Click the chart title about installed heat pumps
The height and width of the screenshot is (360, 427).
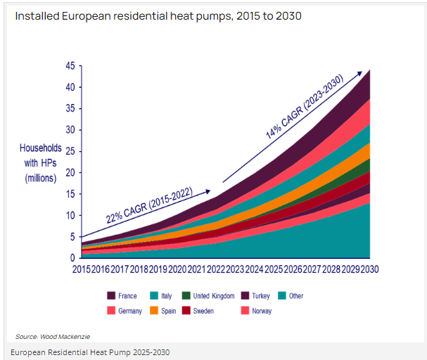(158, 15)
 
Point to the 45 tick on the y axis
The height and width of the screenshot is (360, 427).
(70, 66)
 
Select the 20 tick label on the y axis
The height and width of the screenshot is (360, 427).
(70, 173)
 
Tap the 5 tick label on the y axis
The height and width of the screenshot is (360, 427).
(72, 237)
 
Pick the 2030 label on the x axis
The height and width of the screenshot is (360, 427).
(369, 269)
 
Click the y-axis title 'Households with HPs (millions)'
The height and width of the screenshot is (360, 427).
(41, 163)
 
